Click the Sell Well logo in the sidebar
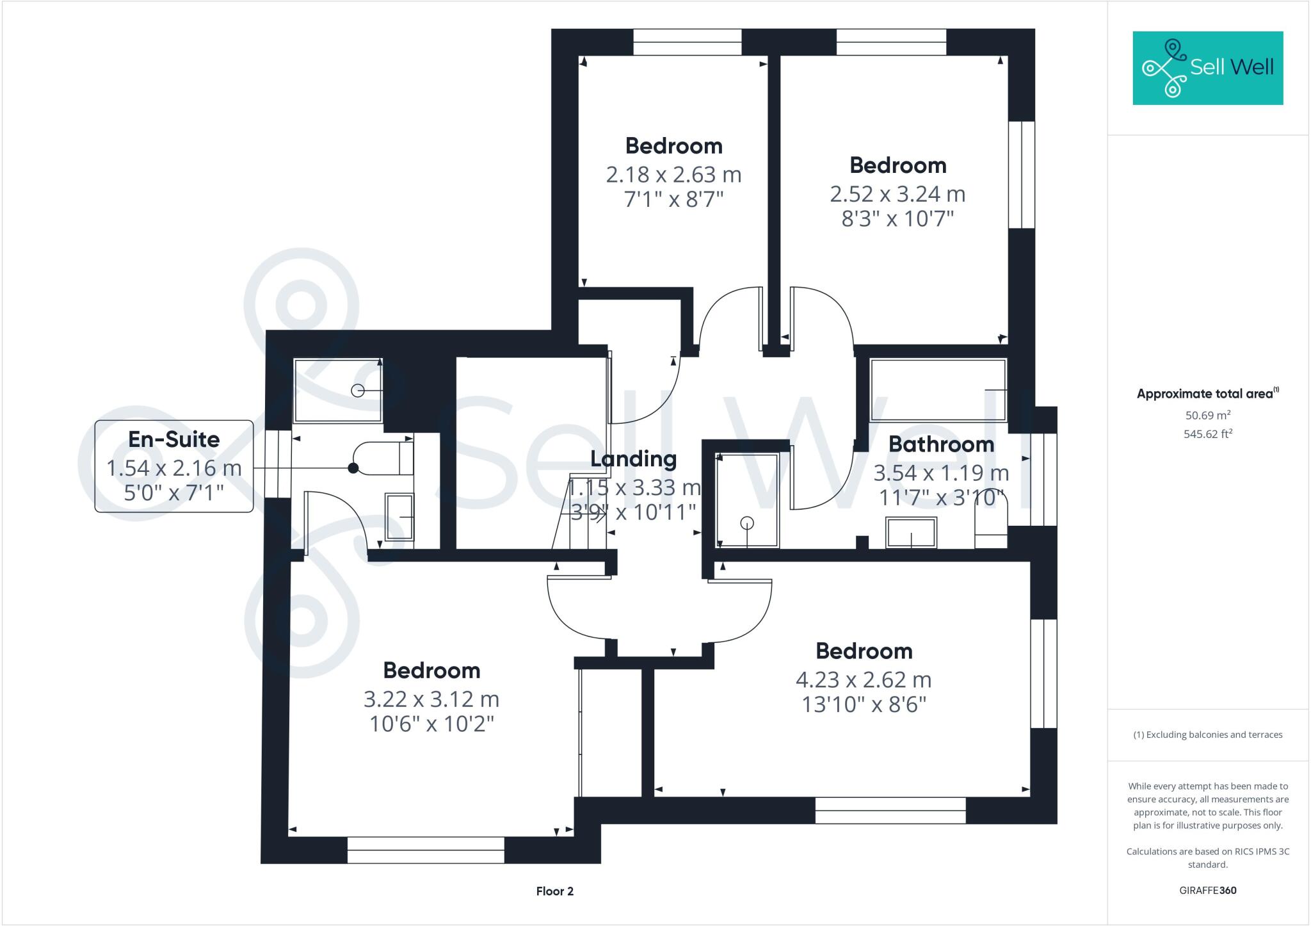1207,68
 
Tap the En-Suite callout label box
173,466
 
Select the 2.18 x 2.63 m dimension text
673,174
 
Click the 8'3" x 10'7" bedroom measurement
897,219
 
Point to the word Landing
633,459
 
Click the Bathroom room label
941,444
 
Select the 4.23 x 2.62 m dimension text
864,679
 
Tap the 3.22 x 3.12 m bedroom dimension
431,699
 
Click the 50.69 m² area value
1208,415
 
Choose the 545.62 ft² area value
1208,434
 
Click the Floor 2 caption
554,891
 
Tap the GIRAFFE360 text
1207,890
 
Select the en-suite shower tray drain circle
358,390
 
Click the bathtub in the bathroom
938,389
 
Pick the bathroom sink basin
911,533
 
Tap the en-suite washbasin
399,517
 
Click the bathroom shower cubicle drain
747,523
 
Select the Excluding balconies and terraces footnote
1207,735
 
